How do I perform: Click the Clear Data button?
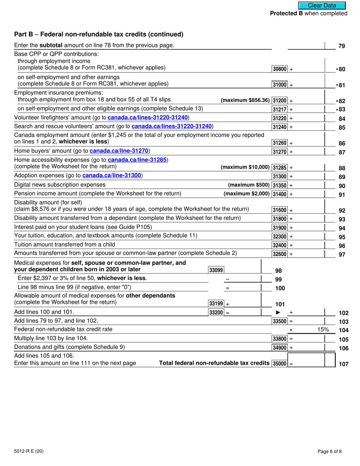coord(322,5)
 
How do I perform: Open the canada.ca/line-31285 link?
coord(138,160)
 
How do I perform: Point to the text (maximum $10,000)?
coord(245,167)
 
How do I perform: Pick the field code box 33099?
coord(216,270)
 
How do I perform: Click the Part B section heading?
coord(99,34)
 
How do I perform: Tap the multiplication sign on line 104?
coord(291,330)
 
